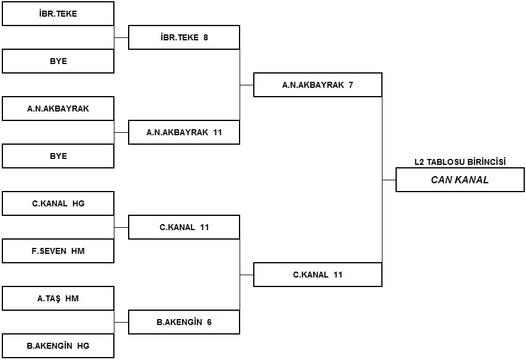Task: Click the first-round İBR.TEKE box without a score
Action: (58, 14)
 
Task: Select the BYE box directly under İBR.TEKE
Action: (58, 61)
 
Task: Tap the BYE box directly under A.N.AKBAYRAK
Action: (58, 156)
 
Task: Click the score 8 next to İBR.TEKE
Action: (206, 37)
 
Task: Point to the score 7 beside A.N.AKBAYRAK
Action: (351, 85)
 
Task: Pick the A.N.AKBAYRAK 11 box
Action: (184, 132)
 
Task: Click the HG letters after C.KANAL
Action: (78, 203)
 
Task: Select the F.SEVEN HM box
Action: (58, 251)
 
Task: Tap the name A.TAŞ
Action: (49, 298)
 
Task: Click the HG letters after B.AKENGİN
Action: (83, 346)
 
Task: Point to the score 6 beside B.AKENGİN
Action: (209, 323)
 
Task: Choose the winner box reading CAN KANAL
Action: (460, 180)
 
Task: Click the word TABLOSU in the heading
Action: (445, 162)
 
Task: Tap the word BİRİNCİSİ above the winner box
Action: (486, 162)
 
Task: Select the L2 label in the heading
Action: (419, 162)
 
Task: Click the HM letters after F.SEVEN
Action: (78, 251)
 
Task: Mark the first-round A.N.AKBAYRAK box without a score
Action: (58, 109)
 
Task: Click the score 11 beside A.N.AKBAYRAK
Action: (218, 132)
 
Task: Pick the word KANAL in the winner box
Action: (471, 180)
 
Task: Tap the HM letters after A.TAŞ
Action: (72, 298)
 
